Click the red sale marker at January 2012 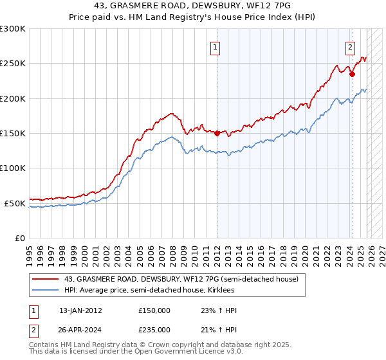pyautogui.click(x=217, y=134)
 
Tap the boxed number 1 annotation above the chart pyautogui.click(x=214, y=46)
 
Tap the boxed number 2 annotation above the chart pyautogui.click(x=350, y=46)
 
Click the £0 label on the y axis pyautogui.click(x=19, y=238)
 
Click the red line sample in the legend pyautogui.click(x=46, y=280)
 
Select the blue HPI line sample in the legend pyautogui.click(x=46, y=291)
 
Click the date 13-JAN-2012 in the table pyautogui.click(x=80, y=310)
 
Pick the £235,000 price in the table pyautogui.click(x=154, y=330)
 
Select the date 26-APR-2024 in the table pyautogui.click(x=80, y=330)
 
